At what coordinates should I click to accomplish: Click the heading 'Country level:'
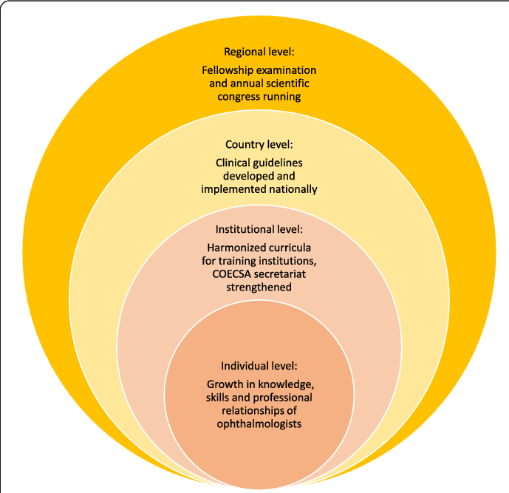click(259, 145)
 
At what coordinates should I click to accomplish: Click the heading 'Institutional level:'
click(259, 229)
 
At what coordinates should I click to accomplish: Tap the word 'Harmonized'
click(229, 248)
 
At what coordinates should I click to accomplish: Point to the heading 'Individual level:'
click(259, 366)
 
